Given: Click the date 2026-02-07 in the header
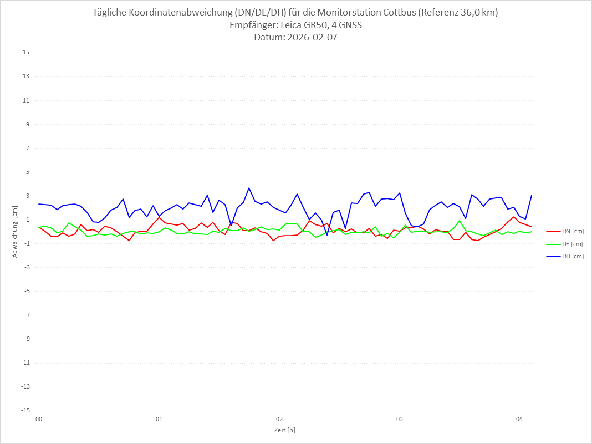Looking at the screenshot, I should point(312,38).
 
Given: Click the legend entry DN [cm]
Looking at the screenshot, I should point(573,232).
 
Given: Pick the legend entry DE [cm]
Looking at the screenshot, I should point(573,244).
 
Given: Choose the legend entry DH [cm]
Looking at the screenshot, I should point(573,256).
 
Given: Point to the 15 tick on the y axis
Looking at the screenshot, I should point(26,53).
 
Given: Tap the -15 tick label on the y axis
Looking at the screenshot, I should point(25,410).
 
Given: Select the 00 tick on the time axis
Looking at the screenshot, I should point(39,420).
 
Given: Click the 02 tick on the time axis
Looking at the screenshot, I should point(279,420).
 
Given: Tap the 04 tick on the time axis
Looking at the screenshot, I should point(519,420).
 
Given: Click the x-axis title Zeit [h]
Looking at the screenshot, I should point(285,430).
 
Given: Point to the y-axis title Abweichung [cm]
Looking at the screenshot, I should point(15,231).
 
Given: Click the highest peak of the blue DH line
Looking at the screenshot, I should point(249,188).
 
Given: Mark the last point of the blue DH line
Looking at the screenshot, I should point(532,195).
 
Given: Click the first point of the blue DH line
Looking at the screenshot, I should point(39,204).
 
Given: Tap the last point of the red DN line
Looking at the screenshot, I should point(532,227).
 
